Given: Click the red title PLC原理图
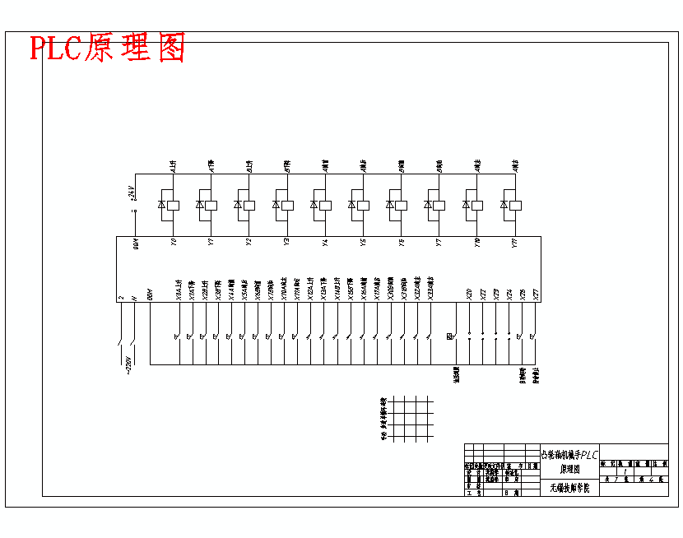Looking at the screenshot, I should pos(107,48).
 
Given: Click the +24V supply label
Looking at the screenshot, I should pos(132,193).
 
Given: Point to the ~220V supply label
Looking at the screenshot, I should pos(127,363).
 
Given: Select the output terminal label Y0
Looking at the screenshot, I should pos(173,243).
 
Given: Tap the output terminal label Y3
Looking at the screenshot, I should pos(286,243).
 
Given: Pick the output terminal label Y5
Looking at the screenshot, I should pos(363,243).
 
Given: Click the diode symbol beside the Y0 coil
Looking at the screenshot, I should pos(162,204).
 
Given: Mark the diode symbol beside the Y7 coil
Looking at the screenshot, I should pos(428,204).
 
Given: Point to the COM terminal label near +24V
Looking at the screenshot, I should pos(137,243).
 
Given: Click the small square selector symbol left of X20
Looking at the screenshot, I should pos(450,336).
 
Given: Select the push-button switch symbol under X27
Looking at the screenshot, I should pos(533,336).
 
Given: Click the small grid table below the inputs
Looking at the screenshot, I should pos(409,419).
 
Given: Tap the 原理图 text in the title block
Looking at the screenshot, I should pos(569,469).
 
